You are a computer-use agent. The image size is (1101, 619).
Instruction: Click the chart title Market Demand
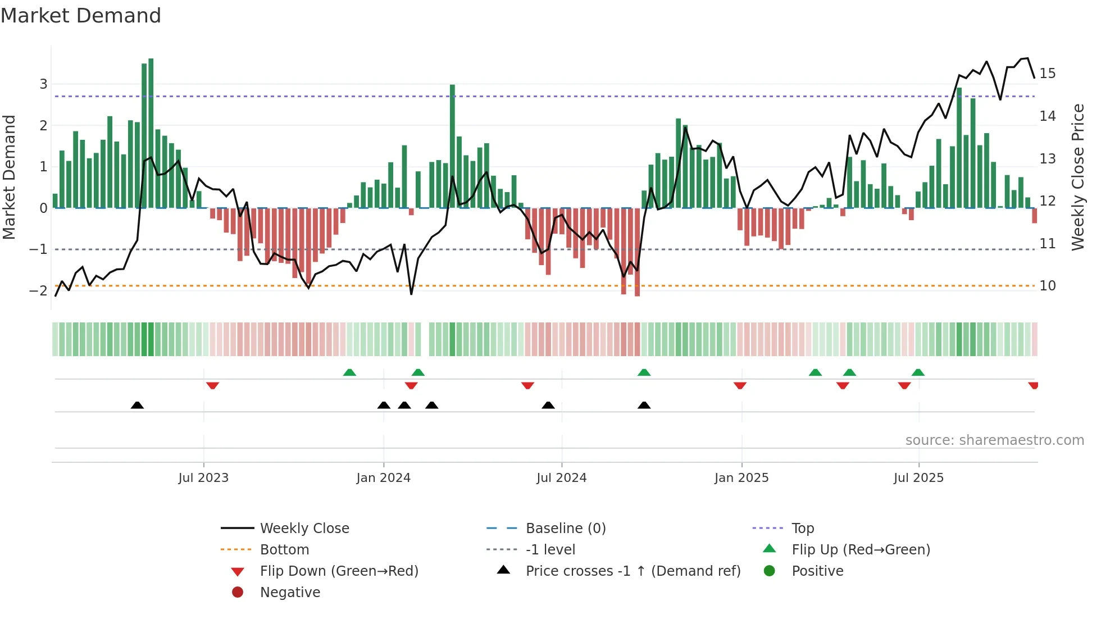tap(81, 16)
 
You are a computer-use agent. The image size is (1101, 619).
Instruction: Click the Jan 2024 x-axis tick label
tap(383, 478)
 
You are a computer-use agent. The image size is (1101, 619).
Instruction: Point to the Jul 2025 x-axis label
tap(918, 478)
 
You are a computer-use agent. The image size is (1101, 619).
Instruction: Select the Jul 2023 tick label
tap(203, 478)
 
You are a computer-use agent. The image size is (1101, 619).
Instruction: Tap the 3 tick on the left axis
tap(43, 84)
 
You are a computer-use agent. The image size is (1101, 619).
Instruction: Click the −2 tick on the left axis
tap(39, 291)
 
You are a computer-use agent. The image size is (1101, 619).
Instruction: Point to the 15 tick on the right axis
tap(1047, 74)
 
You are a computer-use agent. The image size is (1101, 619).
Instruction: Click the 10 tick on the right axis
tap(1047, 286)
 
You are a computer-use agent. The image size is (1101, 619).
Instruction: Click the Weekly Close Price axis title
tap(1077, 177)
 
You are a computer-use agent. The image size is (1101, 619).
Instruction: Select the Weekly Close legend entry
tap(304, 529)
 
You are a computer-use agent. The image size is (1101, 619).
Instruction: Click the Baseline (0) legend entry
tap(565, 529)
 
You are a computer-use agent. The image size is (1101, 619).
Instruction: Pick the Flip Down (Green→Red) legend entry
tap(339, 571)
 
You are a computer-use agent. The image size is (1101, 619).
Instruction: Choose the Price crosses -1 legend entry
tap(633, 571)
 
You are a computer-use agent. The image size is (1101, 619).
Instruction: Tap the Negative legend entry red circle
tap(238, 593)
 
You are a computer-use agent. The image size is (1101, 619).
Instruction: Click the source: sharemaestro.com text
tap(994, 440)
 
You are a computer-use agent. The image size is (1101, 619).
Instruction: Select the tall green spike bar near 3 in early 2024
tap(452, 146)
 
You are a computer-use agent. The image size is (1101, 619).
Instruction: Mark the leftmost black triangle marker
tap(137, 405)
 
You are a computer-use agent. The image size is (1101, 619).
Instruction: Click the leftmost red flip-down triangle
tap(212, 385)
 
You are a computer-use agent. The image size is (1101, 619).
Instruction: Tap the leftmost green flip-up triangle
tap(349, 372)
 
